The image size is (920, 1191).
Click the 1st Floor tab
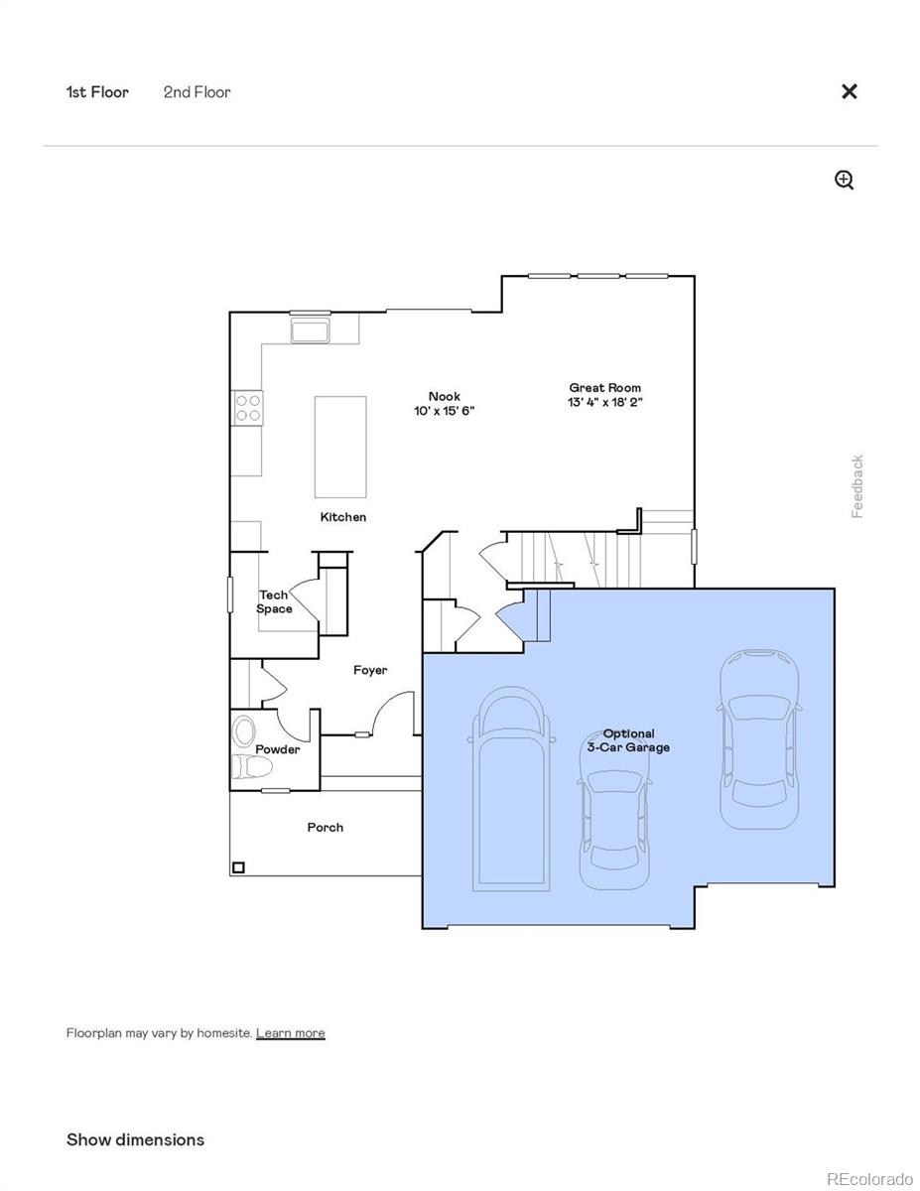click(97, 92)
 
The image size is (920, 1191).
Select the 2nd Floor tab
click(197, 92)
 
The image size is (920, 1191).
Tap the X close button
click(849, 91)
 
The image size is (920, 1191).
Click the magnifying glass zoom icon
click(844, 180)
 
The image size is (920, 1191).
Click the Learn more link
click(290, 1033)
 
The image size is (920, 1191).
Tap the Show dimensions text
click(135, 1139)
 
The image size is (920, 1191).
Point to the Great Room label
click(604, 388)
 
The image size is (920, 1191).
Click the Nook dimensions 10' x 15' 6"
click(444, 411)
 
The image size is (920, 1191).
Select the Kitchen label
click(342, 517)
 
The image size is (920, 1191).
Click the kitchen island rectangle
click(340, 447)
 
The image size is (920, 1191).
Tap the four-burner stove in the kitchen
click(248, 408)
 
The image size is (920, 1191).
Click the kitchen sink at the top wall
click(311, 330)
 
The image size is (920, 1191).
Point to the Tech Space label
click(274, 602)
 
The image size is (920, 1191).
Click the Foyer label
click(370, 671)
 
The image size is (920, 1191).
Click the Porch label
click(325, 828)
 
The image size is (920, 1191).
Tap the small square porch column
click(238, 867)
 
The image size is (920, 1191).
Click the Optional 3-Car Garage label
click(628, 740)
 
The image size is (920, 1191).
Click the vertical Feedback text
click(857, 486)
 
